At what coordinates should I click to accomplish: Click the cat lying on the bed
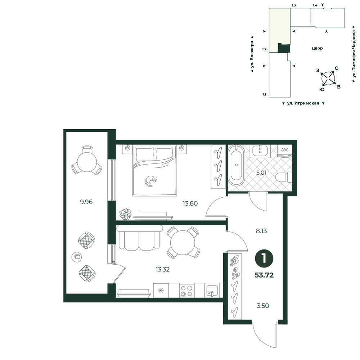(x=151, y=181)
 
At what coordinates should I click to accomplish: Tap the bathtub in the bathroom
(x=236, y=165)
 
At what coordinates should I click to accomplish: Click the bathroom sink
(x=260, y=151)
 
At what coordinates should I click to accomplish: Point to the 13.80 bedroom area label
(x=190, y=203)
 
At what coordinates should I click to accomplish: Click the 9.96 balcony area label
(x=86, y=202)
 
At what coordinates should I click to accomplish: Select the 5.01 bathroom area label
(x=261, y=173)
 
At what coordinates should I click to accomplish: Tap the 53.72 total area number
(x=264, y=275)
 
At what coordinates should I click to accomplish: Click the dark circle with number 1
(x=264, y=258)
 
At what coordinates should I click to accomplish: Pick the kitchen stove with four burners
(x=186, y=291)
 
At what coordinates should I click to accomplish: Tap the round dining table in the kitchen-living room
(x=183, y=242)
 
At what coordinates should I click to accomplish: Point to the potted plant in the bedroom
(x=125, y=215)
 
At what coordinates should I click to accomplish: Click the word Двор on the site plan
(x=317, y=48)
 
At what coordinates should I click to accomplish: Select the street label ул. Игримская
(x=303, y=103)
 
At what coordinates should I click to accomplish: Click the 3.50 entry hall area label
(x=263, y=306)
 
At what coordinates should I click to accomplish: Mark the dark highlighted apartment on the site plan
(x=284, y=48)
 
